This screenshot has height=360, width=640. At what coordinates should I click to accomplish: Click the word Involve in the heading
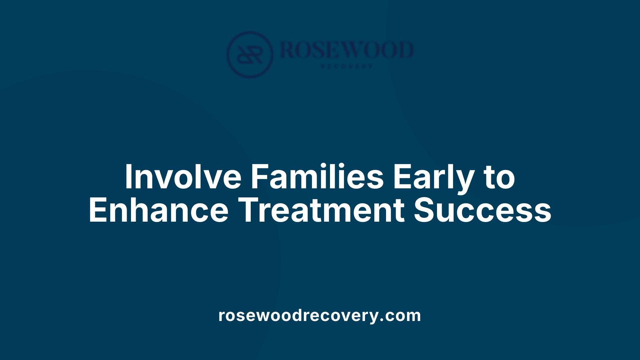tap(183, 177)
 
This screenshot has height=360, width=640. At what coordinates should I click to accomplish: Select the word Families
tap(317, 177)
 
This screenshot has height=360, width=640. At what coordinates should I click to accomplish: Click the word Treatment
tap(322, 210)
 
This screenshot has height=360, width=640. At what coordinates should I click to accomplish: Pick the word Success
tap(482, 210)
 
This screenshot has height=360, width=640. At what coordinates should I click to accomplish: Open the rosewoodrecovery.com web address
tap(320, 315)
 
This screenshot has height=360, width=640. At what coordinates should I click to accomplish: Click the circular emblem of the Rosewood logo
tap(250, 55)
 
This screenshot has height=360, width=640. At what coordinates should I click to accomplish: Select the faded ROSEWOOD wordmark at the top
tap(347, 50)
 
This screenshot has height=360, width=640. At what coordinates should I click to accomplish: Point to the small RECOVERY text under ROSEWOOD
tap(347, 66)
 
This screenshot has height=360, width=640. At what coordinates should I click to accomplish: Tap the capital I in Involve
tap(128, 177)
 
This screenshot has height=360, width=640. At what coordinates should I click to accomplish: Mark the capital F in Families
tap(259, 177)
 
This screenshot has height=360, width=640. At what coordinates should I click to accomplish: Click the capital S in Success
tap(425, 210)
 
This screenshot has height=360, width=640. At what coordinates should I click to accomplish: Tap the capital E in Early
tap(402, 177)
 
